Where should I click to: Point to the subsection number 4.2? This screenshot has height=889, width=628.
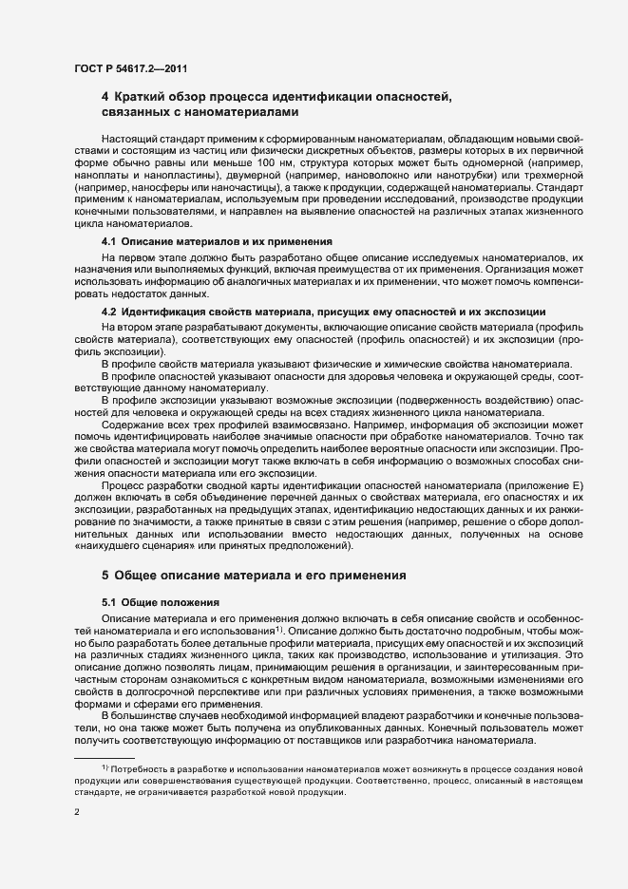(109, 311)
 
